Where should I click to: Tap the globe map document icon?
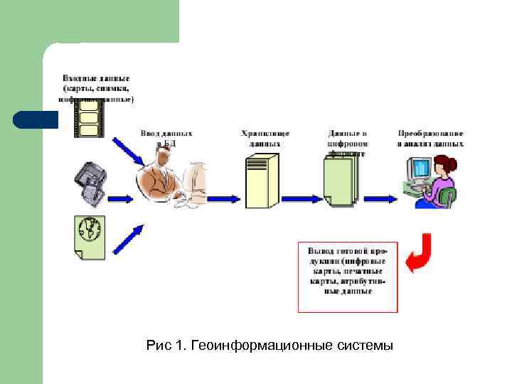click(x=88, y=235)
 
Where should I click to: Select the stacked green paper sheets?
click(x=338, y=181)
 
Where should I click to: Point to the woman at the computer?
click(x=442, y=181)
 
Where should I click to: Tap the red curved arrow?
click(x=419, y=254)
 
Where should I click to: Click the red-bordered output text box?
click(x=348, y=277)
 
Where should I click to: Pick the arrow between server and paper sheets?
click(x=299, y=196)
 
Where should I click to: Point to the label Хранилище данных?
click(x=265, y=138)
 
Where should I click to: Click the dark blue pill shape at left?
click(x=35, y=119)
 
